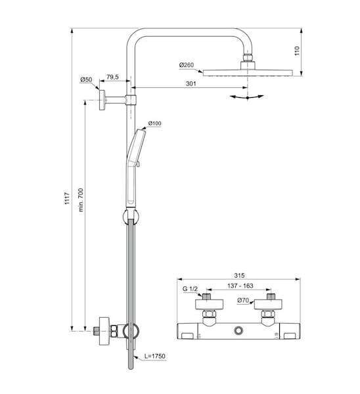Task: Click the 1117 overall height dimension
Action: tap(67, 198)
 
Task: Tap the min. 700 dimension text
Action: tap(81, 200)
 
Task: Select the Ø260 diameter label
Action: tap(187, 65)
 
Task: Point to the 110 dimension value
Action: tap(297, 51)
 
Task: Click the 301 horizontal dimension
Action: tap(191, 83)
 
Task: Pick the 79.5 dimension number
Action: tap(112, 77)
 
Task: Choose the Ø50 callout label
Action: tap(86, 79)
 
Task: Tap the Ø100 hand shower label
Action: tap(154, 123)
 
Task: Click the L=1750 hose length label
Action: tap(155, 356)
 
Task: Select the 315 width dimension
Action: tap(239, 275)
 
